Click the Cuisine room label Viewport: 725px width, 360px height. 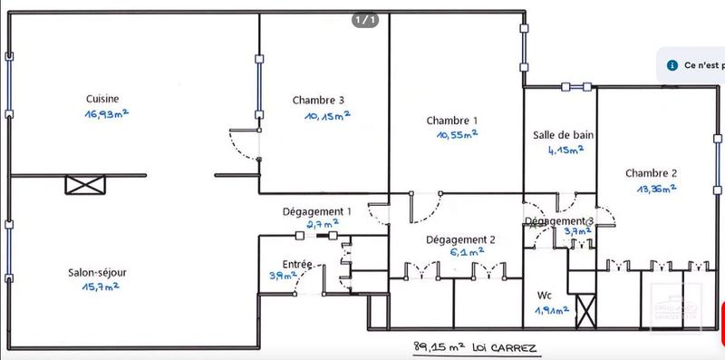(x=102, y=99)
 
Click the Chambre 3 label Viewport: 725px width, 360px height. (x=318, y=100)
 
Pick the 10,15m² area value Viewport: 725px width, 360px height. (x=324, y=115)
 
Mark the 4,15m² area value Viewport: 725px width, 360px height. (x=562, y=151)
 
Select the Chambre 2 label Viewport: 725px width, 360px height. (x=651, y=174)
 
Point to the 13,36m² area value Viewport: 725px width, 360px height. (x=653, y=190)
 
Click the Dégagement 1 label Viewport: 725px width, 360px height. (x=316, y=210)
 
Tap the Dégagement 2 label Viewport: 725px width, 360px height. (x=461, y=239)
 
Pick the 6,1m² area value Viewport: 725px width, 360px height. (x=461, y=254)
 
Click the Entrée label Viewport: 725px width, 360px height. (x=297, y=264)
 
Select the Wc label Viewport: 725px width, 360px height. (x=545, y=296)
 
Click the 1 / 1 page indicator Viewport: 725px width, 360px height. (x=364, y=19)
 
